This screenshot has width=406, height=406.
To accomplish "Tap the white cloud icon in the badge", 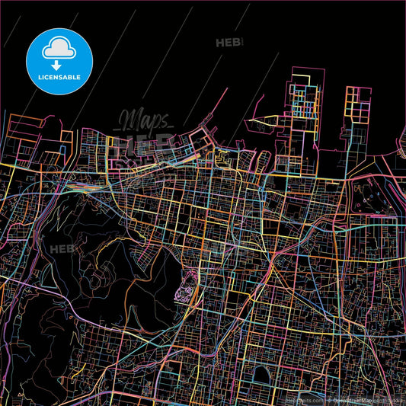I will (x=59, y=48).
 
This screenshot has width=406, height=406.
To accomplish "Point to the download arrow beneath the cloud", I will (x=59, y=56).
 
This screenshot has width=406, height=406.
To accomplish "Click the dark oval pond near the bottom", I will (x=261, y=374).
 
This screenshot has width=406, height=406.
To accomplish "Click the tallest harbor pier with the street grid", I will (x=304, y=114).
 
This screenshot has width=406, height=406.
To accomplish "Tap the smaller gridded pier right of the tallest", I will (x=356, y=114).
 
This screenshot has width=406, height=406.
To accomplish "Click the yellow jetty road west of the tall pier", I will (x=270, y=120).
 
